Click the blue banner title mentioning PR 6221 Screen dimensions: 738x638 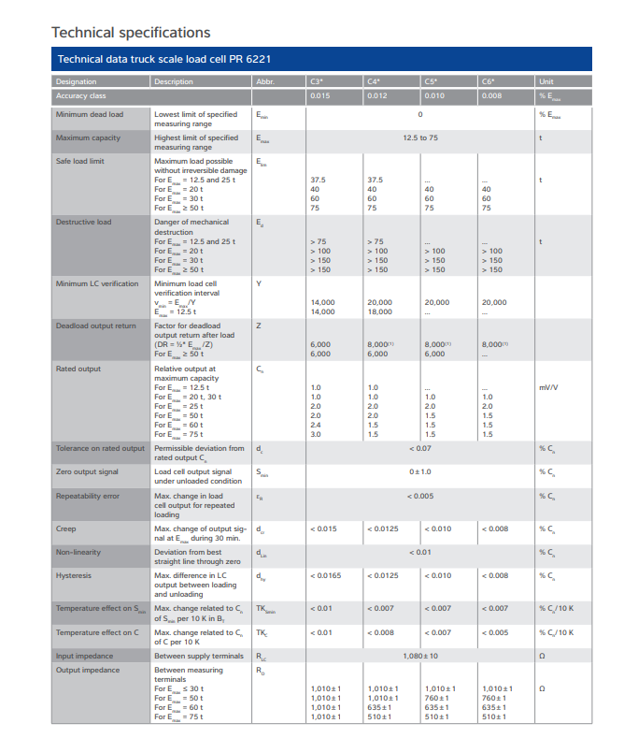(164, 60)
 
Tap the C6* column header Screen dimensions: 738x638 (488, 81)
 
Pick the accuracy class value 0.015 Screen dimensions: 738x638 (319, 95)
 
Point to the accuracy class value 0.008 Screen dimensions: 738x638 (491, 95)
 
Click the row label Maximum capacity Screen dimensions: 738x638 (88, 137)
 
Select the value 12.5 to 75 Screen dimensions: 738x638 (420, 137)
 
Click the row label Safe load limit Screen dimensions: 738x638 (79, 161)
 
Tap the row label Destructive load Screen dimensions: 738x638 (83, 222)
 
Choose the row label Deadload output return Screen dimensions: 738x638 (95, 326)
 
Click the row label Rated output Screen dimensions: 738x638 (78, 369)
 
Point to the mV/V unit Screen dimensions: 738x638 (547, 387)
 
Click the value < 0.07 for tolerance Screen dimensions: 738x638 (420, 448)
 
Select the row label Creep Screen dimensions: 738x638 (65, 528)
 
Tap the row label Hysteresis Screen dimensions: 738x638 (72, 575)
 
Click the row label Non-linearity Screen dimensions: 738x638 (77, 552)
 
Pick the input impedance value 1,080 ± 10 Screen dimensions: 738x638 (420, 656)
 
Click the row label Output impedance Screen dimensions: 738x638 (87, 670)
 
